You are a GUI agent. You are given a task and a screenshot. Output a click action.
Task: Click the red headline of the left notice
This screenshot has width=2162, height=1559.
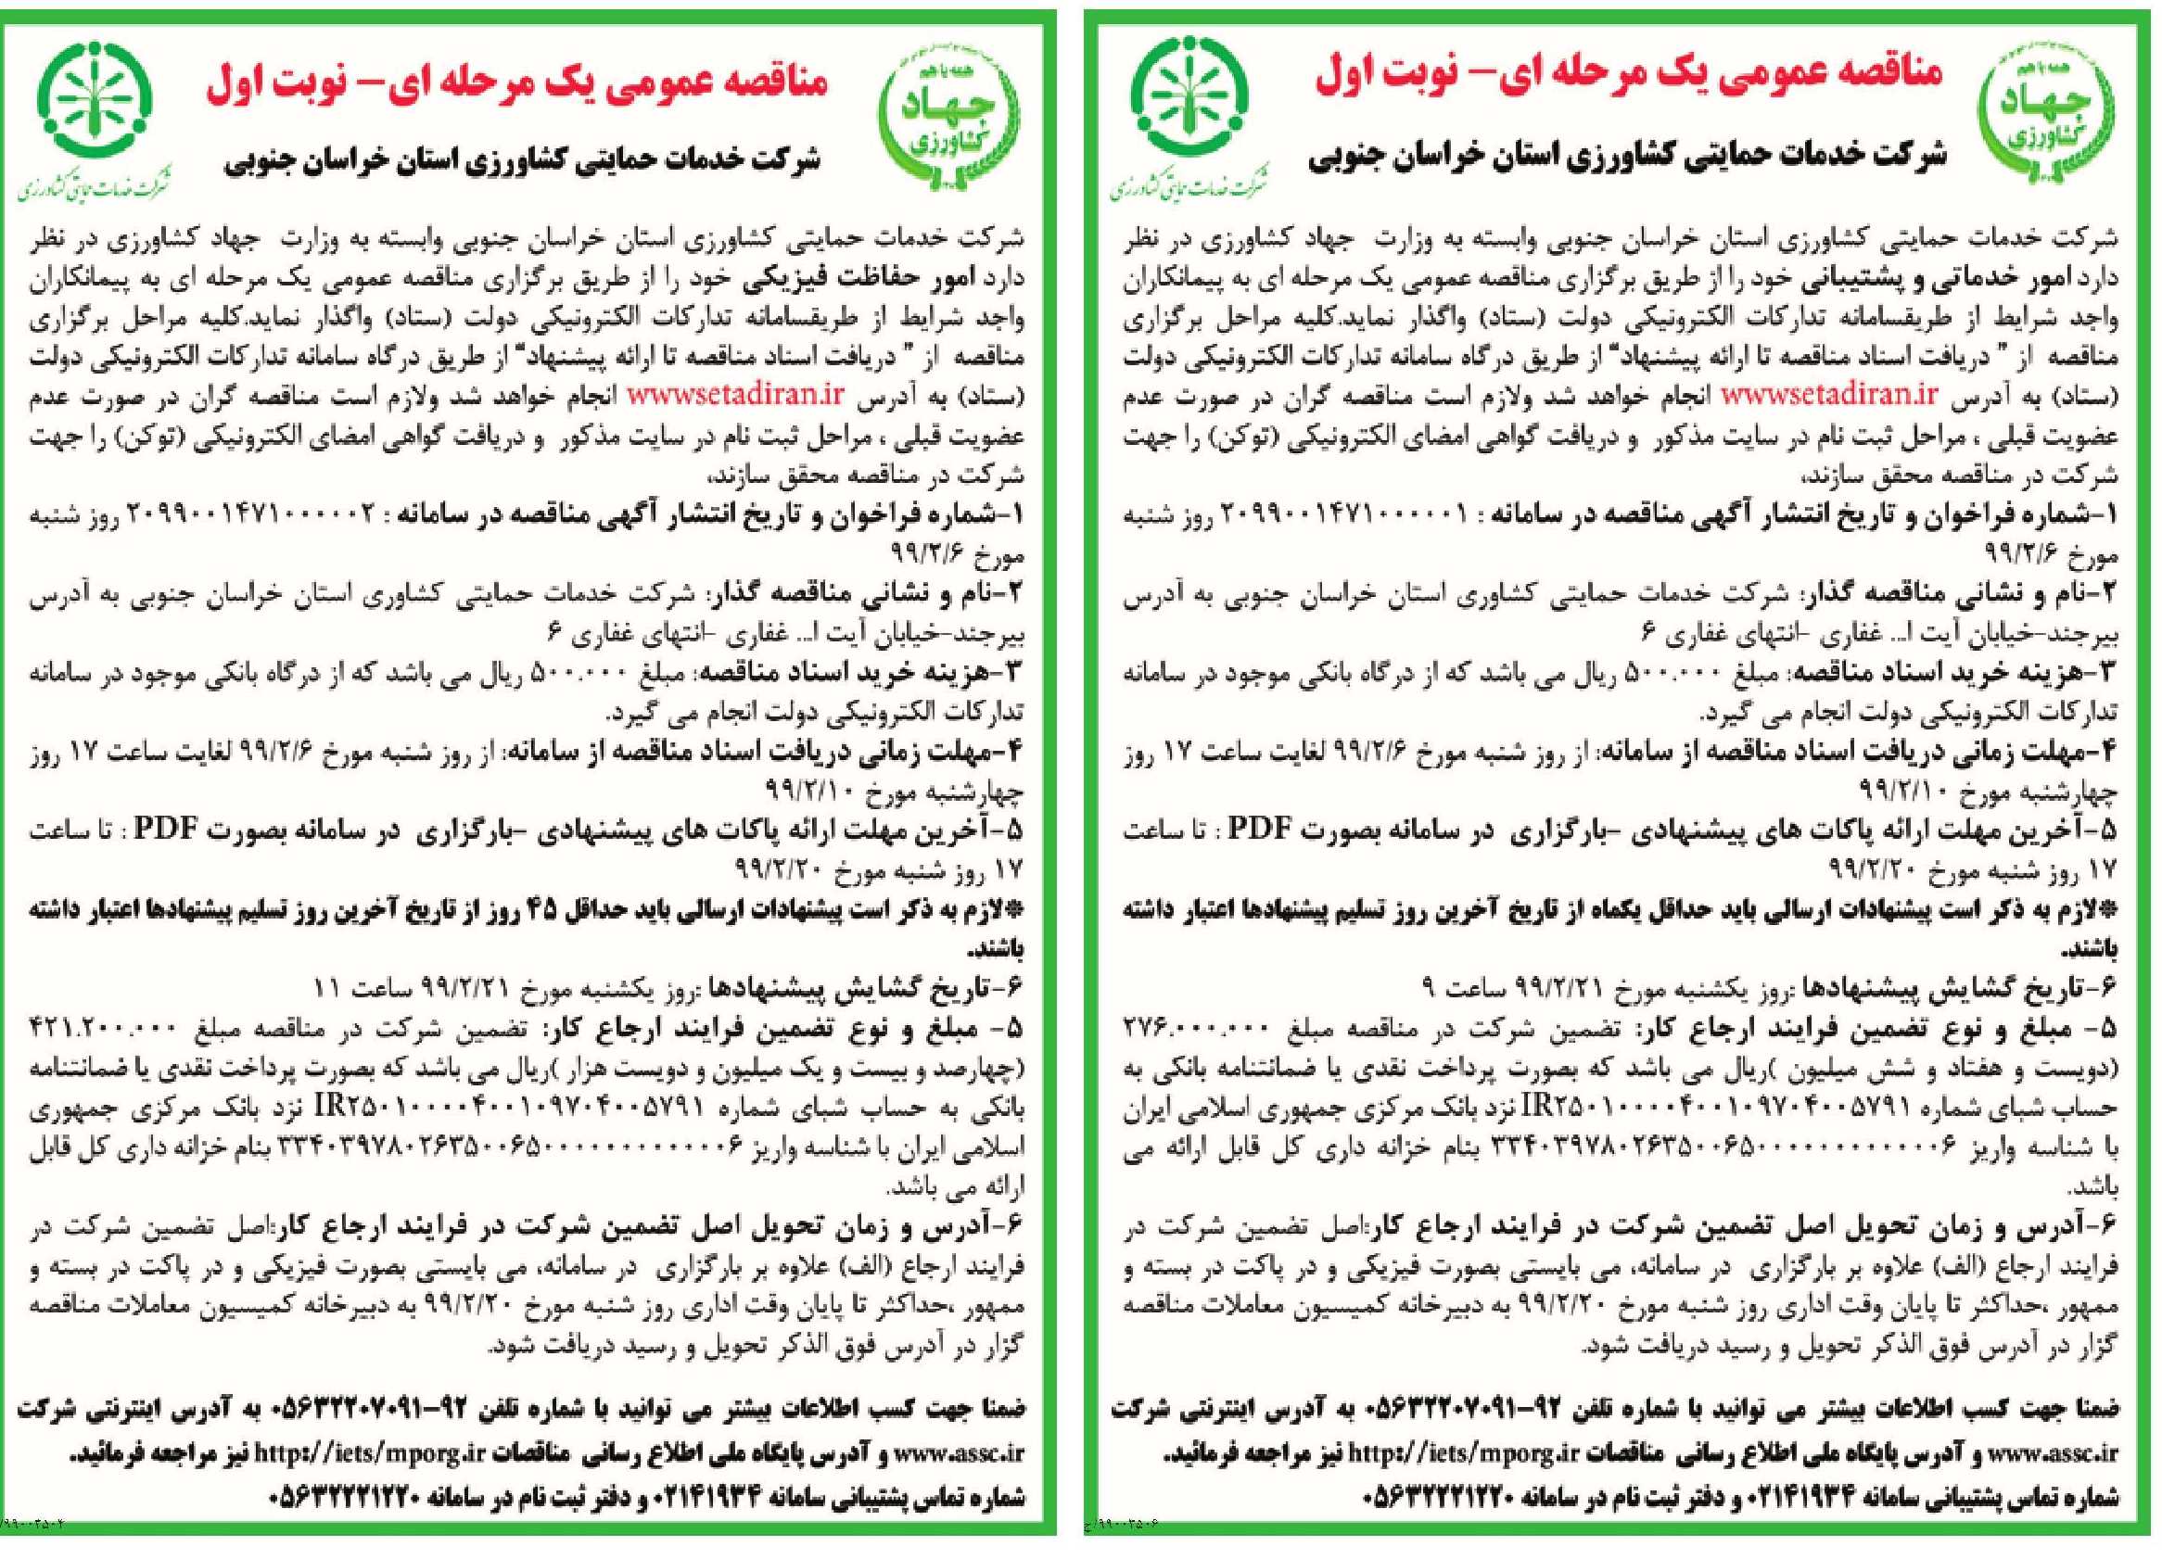(518, 82)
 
